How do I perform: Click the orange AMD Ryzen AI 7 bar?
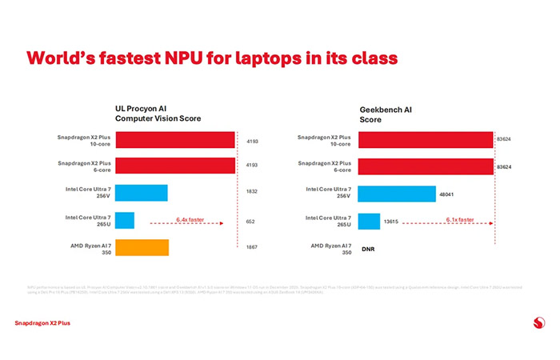click(142, 247)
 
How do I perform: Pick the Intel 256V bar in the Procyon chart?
click(141, 193)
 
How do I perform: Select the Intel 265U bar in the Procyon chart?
click(125, 220)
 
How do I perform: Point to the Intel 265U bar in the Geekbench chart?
click(369, 220)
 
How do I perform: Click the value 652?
click(251, 221)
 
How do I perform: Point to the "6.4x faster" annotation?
click(192, 218)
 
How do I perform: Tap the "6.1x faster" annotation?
click(459, 218)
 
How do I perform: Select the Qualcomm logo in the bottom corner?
click(538, 323)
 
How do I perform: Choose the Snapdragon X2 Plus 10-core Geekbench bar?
click(425, 139)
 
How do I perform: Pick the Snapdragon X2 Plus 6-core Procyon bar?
click(175, 166)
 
